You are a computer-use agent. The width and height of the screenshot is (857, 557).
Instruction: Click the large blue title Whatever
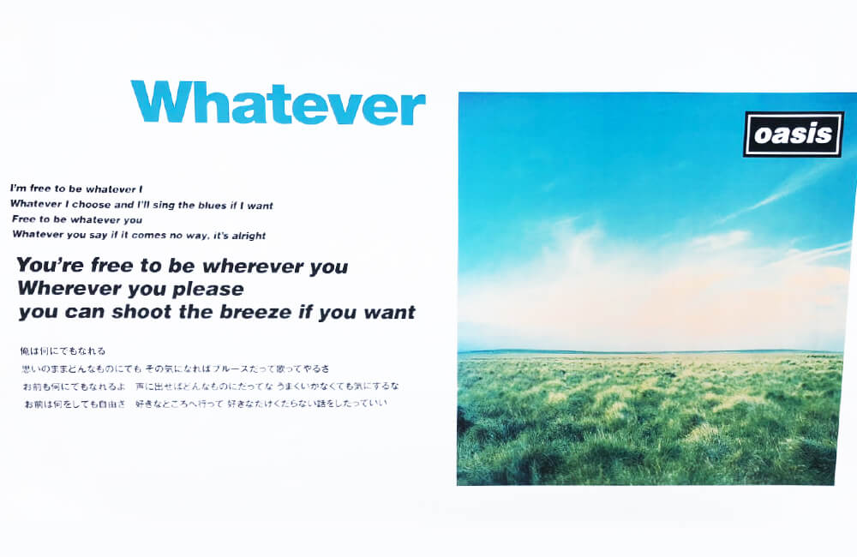(278, 102)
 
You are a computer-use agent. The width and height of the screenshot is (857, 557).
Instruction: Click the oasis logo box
(794, 135)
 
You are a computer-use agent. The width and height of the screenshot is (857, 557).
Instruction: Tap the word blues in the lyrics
(211, 206)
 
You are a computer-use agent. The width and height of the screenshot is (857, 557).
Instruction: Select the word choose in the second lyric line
(92, 205)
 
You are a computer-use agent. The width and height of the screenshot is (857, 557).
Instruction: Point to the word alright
(249, 237)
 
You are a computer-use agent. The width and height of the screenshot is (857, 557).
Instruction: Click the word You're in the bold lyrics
(51, 265)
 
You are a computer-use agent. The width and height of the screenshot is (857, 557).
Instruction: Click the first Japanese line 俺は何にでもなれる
(63, 351)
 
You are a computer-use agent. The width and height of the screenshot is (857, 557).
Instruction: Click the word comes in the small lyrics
(148, 236)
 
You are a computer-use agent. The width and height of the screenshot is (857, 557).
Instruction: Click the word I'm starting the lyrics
(18, 189)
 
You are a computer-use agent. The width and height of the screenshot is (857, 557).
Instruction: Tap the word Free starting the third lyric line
(23, 219)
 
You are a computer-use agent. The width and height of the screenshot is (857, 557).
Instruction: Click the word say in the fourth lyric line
(99, 235)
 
